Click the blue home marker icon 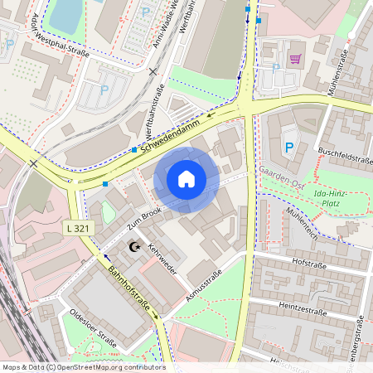click(186, 179)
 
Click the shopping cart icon click(295, 59)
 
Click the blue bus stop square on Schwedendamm click(134, 150)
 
